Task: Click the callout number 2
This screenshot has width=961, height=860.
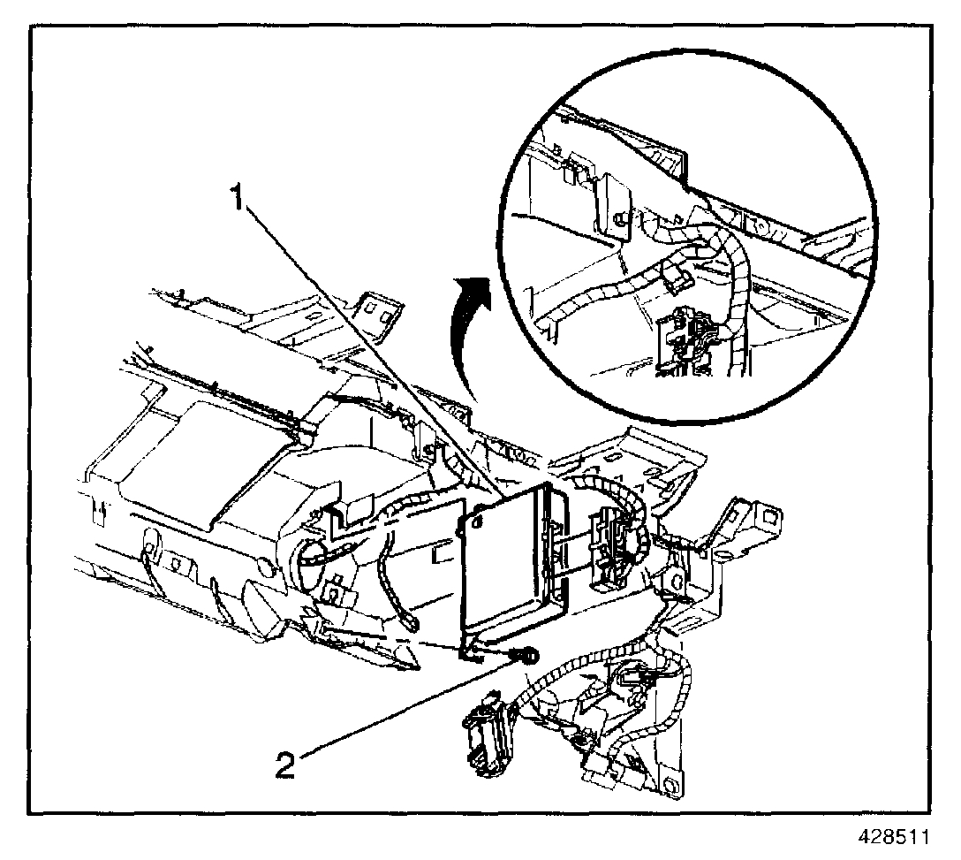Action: [x=285, y=763]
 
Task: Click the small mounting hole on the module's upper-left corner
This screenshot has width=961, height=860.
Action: [x=476, y=522]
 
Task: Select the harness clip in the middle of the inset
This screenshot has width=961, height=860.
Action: [x=676, y=277]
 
